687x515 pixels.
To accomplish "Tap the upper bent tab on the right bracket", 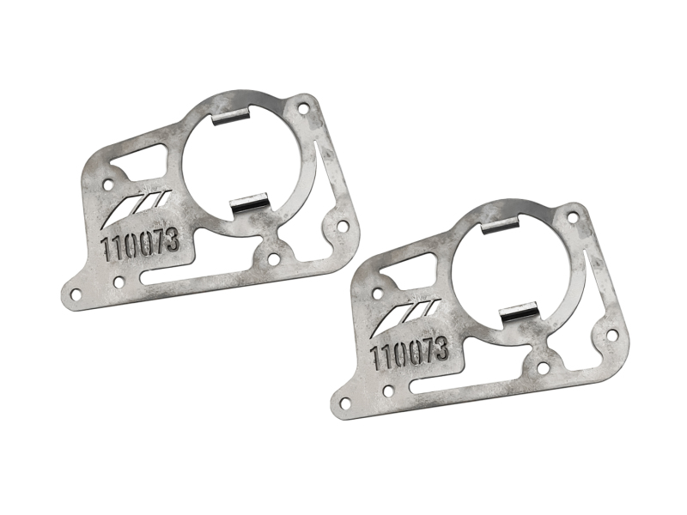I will coord(500,226).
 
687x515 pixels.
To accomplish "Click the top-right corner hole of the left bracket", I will coord(302,109).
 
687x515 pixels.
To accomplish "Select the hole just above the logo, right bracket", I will coord(377,292).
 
